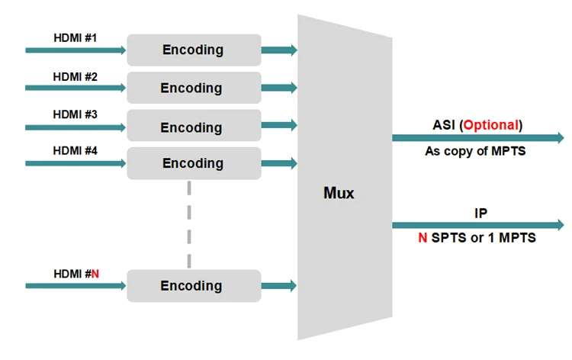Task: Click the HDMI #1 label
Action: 76,38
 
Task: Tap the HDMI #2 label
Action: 76,77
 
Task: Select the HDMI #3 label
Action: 76,114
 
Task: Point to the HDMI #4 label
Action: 76,151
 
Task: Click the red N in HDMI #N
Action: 95,274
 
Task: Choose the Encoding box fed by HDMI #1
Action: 194,50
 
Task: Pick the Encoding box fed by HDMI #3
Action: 194,125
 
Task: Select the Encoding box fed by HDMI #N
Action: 194,285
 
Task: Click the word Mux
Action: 339,193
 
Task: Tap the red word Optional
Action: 491,125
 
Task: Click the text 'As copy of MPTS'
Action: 475,151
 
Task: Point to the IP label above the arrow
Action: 480,213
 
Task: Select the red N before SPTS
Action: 423,238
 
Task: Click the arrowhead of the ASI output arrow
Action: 561,138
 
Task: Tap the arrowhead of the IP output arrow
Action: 561,225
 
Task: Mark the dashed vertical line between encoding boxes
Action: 189,224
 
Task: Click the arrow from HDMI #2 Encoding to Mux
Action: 279,88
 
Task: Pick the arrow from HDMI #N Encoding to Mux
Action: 279,285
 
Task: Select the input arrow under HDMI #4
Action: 76,163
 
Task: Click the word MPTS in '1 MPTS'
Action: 517,238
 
